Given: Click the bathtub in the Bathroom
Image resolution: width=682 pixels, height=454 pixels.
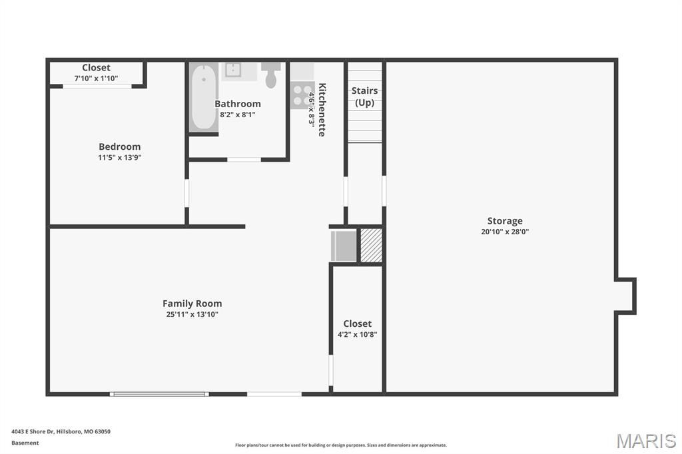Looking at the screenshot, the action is [204, 97].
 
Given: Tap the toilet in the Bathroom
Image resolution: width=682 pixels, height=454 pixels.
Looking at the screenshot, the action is [271, 75].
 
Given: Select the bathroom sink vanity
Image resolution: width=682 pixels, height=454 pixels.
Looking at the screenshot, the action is [239, 71].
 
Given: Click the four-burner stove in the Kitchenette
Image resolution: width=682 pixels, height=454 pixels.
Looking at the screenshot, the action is [302, 95].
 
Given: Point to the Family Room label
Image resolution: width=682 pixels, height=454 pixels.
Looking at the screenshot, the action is [192, 304].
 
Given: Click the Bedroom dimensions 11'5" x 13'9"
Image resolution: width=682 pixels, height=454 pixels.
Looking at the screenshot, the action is [120, 157].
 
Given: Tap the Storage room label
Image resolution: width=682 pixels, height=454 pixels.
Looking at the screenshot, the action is [505, 221].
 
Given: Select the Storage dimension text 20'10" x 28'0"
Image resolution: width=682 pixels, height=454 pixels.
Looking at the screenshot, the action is [505, 232].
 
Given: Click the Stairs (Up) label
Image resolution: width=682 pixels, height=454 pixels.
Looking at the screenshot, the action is [364, 97].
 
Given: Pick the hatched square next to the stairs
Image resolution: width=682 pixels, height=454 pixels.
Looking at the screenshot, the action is [372, 245].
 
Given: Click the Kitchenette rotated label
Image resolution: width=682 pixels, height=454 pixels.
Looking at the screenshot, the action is [322, 110].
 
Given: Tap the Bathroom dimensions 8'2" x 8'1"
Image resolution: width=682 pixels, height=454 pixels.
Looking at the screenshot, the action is [238, 114].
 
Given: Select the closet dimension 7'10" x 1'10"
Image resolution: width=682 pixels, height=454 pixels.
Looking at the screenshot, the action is [96, 79].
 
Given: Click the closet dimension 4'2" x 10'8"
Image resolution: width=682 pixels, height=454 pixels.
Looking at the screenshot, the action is [357, 334].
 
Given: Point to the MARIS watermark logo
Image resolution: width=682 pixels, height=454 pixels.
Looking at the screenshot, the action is [646, 441].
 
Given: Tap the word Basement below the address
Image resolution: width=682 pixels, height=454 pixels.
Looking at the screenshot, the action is [25, 443].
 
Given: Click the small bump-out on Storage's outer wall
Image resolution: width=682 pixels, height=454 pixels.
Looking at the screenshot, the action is [625, 296].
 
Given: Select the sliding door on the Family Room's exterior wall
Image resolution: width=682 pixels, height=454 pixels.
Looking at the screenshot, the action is [159, 395].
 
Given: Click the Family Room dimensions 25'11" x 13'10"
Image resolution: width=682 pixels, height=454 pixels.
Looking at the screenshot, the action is [192, 314].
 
